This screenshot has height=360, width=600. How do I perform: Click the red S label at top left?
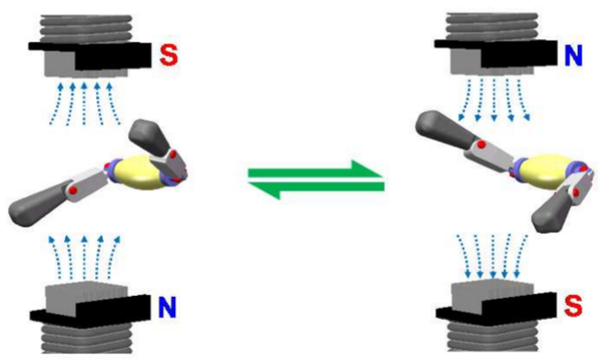[x=169, y=55]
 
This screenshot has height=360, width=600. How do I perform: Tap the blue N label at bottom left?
[x=167, y=307]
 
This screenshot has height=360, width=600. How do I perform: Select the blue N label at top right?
[x=574, y=55]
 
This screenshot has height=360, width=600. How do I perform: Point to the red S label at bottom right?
[x=573, y=306]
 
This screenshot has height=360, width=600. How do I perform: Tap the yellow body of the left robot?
[x=138, y=173]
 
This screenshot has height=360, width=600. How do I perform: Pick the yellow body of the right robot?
[x=547, y=172]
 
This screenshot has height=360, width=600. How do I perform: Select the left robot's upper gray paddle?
[x=148, y=137]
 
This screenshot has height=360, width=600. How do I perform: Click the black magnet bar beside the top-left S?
[x=90, y=55]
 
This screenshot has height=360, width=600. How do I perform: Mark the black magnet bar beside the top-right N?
[x=496, y=53]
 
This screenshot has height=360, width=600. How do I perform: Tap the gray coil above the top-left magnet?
[x=86, y=28]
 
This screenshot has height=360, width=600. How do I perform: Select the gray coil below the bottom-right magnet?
[x=493, y=338]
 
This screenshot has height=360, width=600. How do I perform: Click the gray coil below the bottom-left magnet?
[x=87, y=340]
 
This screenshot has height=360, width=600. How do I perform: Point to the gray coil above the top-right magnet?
[x=493, y=27]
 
